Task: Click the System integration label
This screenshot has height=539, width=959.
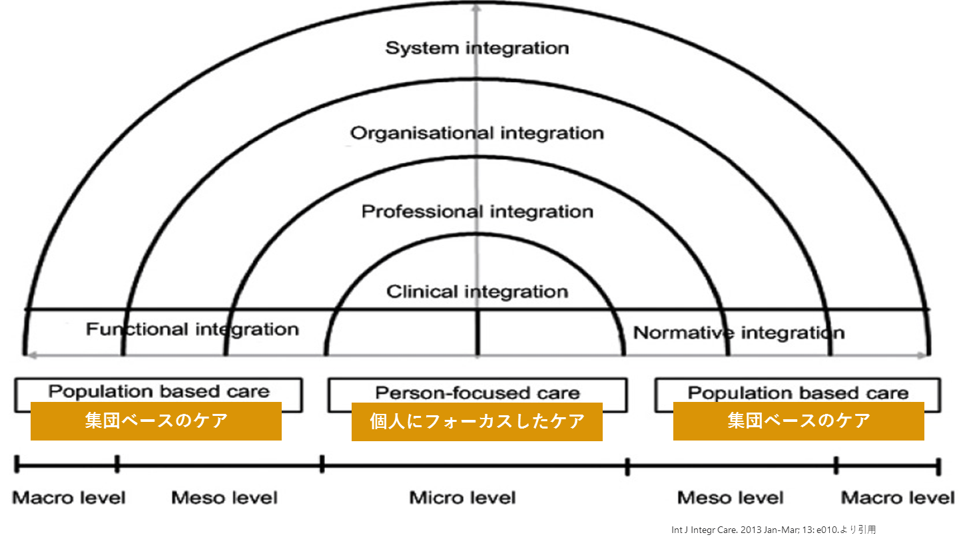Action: click(x=478, y=49)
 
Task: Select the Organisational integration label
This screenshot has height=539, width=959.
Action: click(x=478, y=133)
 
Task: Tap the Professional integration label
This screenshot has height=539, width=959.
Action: click(x=478, y=212)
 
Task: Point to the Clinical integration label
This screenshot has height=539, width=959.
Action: click(x=478, y=291)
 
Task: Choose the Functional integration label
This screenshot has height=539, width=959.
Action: click(x=192, y=329)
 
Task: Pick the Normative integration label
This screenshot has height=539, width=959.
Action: click(x=739, y=332)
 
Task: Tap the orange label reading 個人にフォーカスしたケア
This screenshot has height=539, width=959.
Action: click(x=477, y=421)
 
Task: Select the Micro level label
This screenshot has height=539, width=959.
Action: click(x=462, y=498)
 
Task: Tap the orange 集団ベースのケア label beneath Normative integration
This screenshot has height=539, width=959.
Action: click(x=799, y=421)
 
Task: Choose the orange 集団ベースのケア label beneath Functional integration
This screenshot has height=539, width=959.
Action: click(x=156, y=421)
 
